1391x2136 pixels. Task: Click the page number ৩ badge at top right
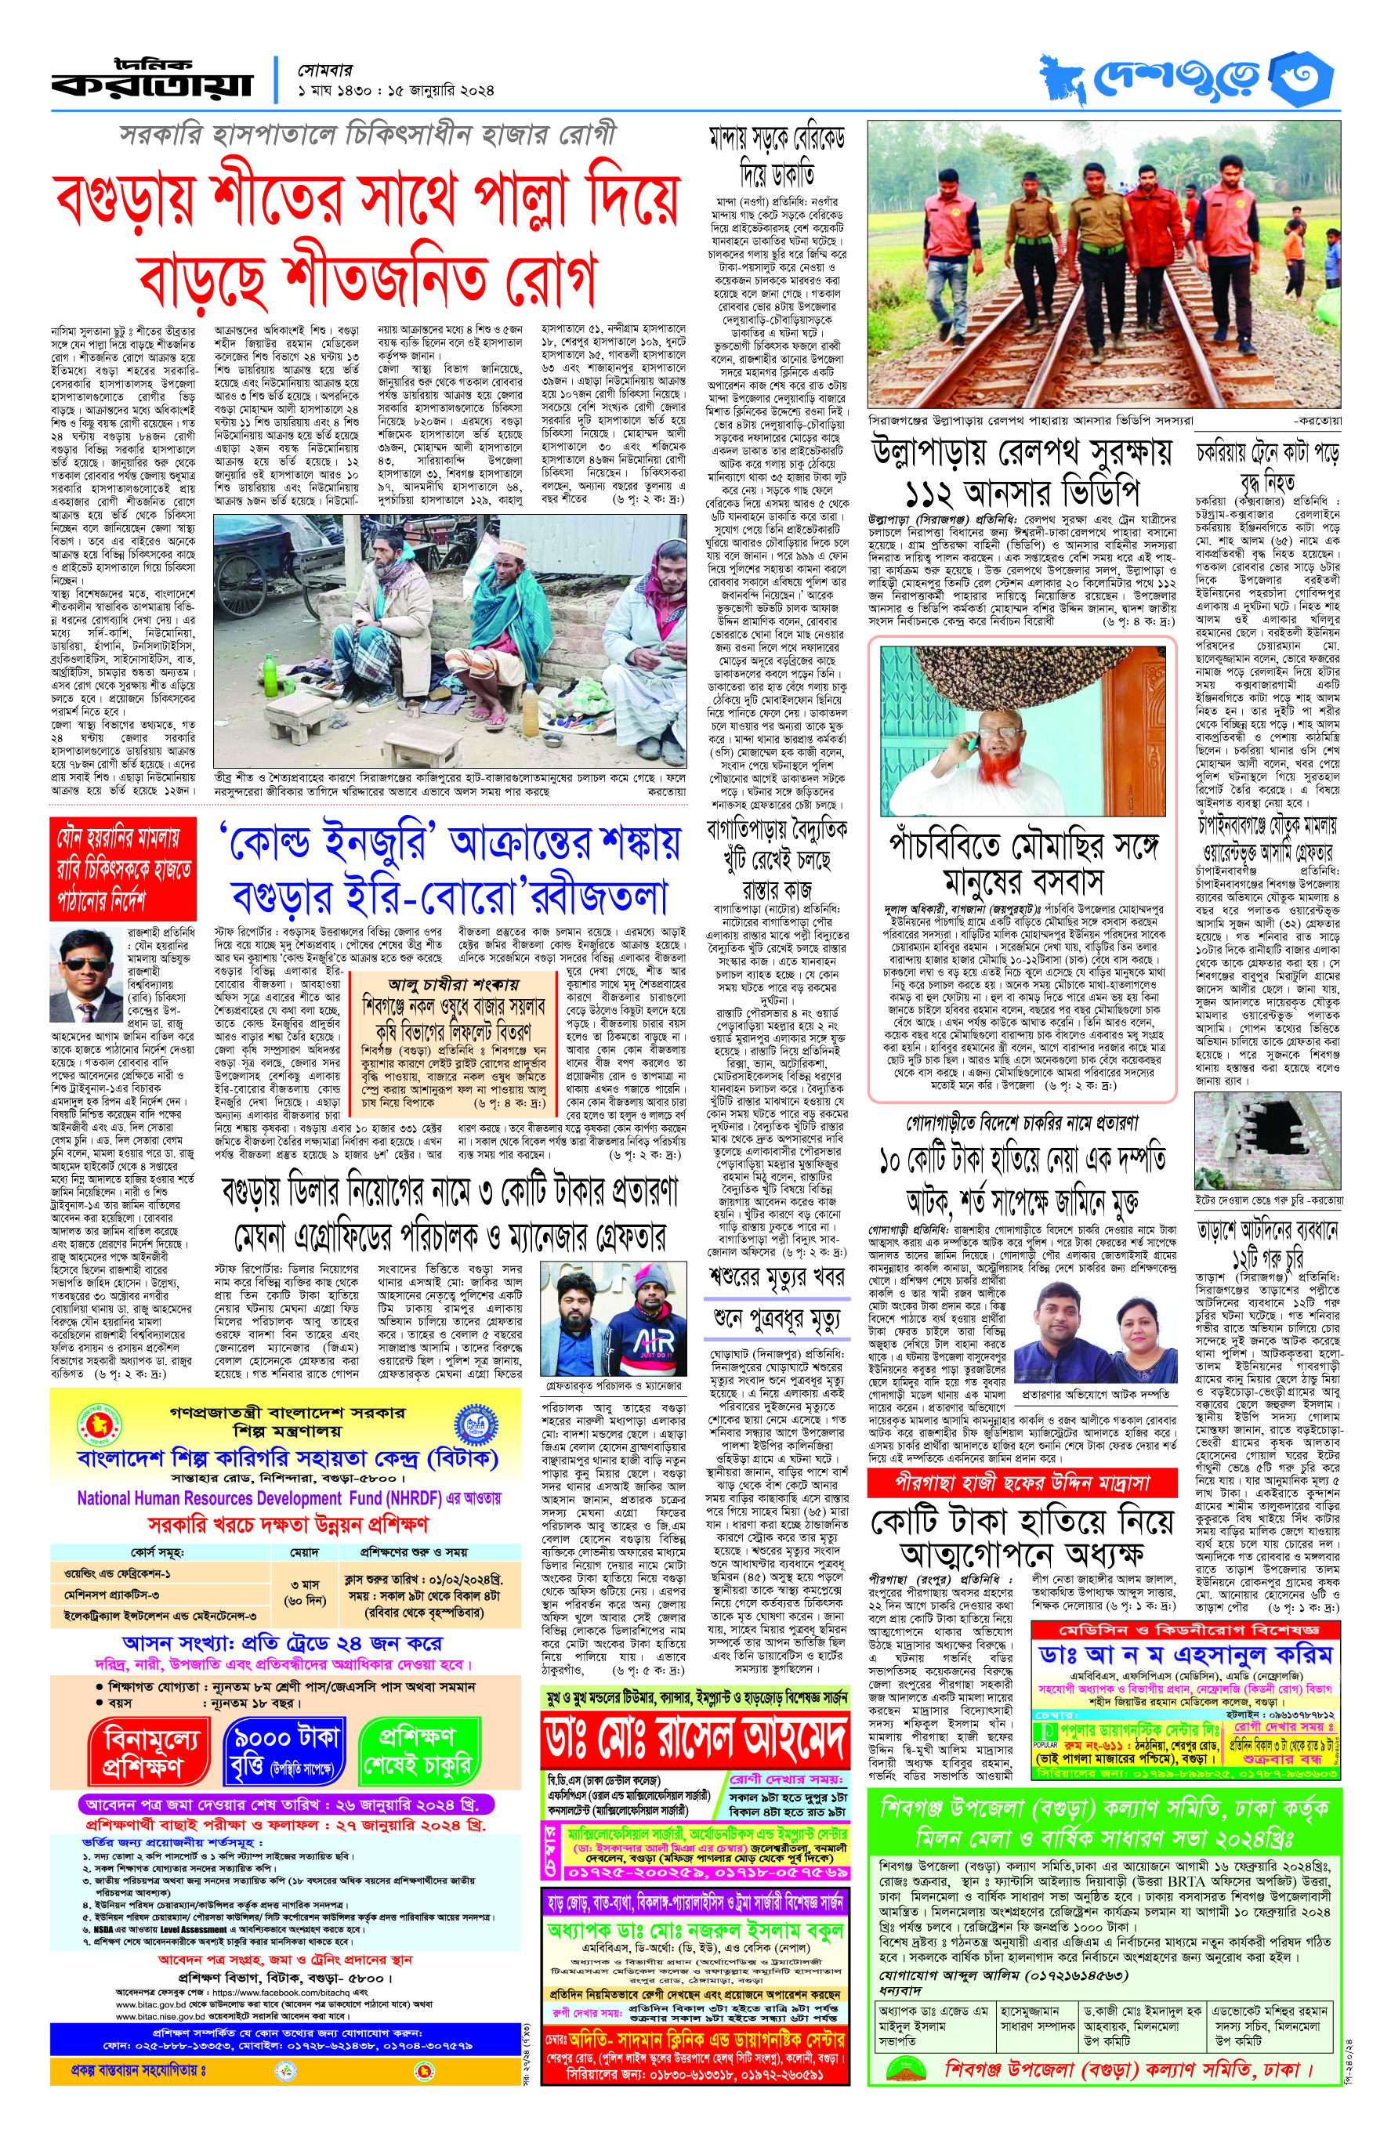1303,79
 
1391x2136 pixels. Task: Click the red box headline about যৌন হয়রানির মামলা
122,869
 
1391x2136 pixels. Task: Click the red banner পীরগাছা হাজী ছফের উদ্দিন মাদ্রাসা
1020,1483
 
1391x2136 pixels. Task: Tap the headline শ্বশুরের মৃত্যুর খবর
777,1276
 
